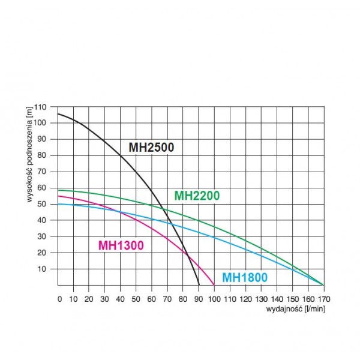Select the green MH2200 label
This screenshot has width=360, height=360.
click(x=197, y=196)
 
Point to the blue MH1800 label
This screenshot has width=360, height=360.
click(x=244, y=278)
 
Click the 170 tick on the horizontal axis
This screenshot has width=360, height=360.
click(x=323, y=298)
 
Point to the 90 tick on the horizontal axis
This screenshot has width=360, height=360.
click(x=199, y=298)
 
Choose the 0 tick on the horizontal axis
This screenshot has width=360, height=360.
click(x=59, y=298)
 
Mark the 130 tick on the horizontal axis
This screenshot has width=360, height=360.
click(x=261, y=298)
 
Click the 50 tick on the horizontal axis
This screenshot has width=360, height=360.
click(x=136, y=298)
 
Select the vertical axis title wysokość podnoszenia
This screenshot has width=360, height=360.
click(x=30, y=155)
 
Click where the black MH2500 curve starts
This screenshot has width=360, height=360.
click(x=58, y=114)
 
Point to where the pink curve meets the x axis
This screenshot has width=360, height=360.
click(x=214, y=285)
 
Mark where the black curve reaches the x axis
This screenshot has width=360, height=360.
click(x=199, y=285)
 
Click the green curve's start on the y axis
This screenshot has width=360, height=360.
click(x=58, y=190)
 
